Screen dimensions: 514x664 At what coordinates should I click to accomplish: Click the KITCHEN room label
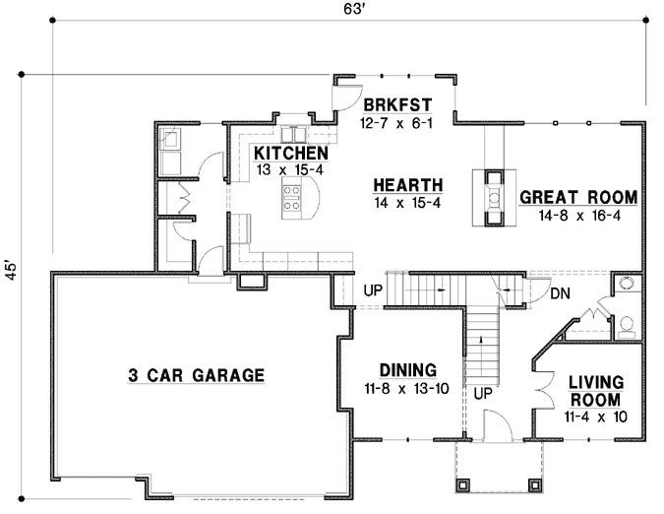290,154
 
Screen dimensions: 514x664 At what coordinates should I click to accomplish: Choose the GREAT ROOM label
578,197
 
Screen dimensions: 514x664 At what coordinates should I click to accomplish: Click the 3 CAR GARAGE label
196,374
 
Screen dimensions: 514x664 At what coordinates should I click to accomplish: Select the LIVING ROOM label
593,391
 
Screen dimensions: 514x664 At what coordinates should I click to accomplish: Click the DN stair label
560,292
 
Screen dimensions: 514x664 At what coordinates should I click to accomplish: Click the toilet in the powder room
626,323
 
